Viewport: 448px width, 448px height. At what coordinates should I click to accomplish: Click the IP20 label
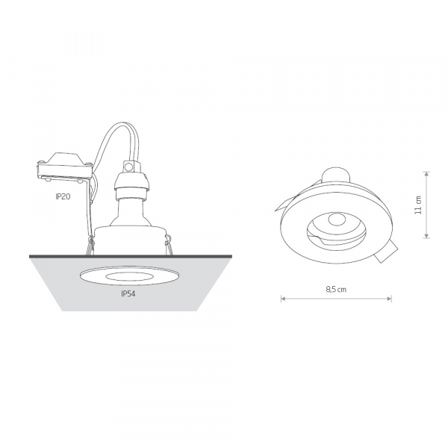63,196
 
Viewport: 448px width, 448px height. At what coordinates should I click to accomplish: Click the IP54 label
128,294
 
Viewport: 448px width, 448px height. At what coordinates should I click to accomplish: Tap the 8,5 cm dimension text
336,290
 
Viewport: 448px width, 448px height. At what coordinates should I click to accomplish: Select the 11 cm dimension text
418,205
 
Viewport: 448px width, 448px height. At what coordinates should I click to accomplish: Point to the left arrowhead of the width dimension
283,299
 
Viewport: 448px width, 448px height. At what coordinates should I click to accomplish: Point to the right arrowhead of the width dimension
390,299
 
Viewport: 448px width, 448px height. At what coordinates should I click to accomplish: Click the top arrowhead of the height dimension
426,174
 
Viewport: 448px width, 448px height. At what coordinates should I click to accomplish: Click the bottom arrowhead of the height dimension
426,236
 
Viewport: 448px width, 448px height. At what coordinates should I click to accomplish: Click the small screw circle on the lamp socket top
129,167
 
